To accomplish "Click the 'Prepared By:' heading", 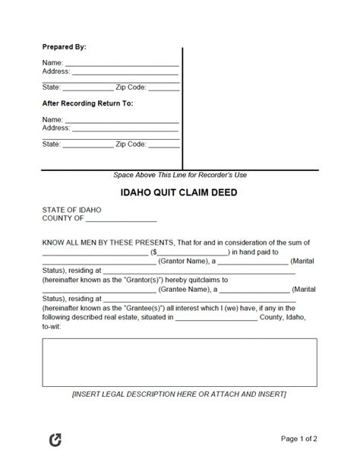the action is tap(64, 47).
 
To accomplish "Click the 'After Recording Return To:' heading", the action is tap(87, 103).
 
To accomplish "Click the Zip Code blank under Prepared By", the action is tap(163, 87).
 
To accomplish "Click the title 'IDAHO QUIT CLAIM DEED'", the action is tap(179, 192).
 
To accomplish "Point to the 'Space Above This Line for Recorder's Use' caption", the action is tap(180, 175).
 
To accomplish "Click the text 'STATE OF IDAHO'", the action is tap(72, 210).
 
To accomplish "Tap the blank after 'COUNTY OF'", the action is tap(122, 219).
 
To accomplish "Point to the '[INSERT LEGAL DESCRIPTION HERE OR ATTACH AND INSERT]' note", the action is tap(179, 395).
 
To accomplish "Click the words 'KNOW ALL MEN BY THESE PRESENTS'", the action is tap(108, 243).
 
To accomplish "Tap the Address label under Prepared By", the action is tap(56, 71).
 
